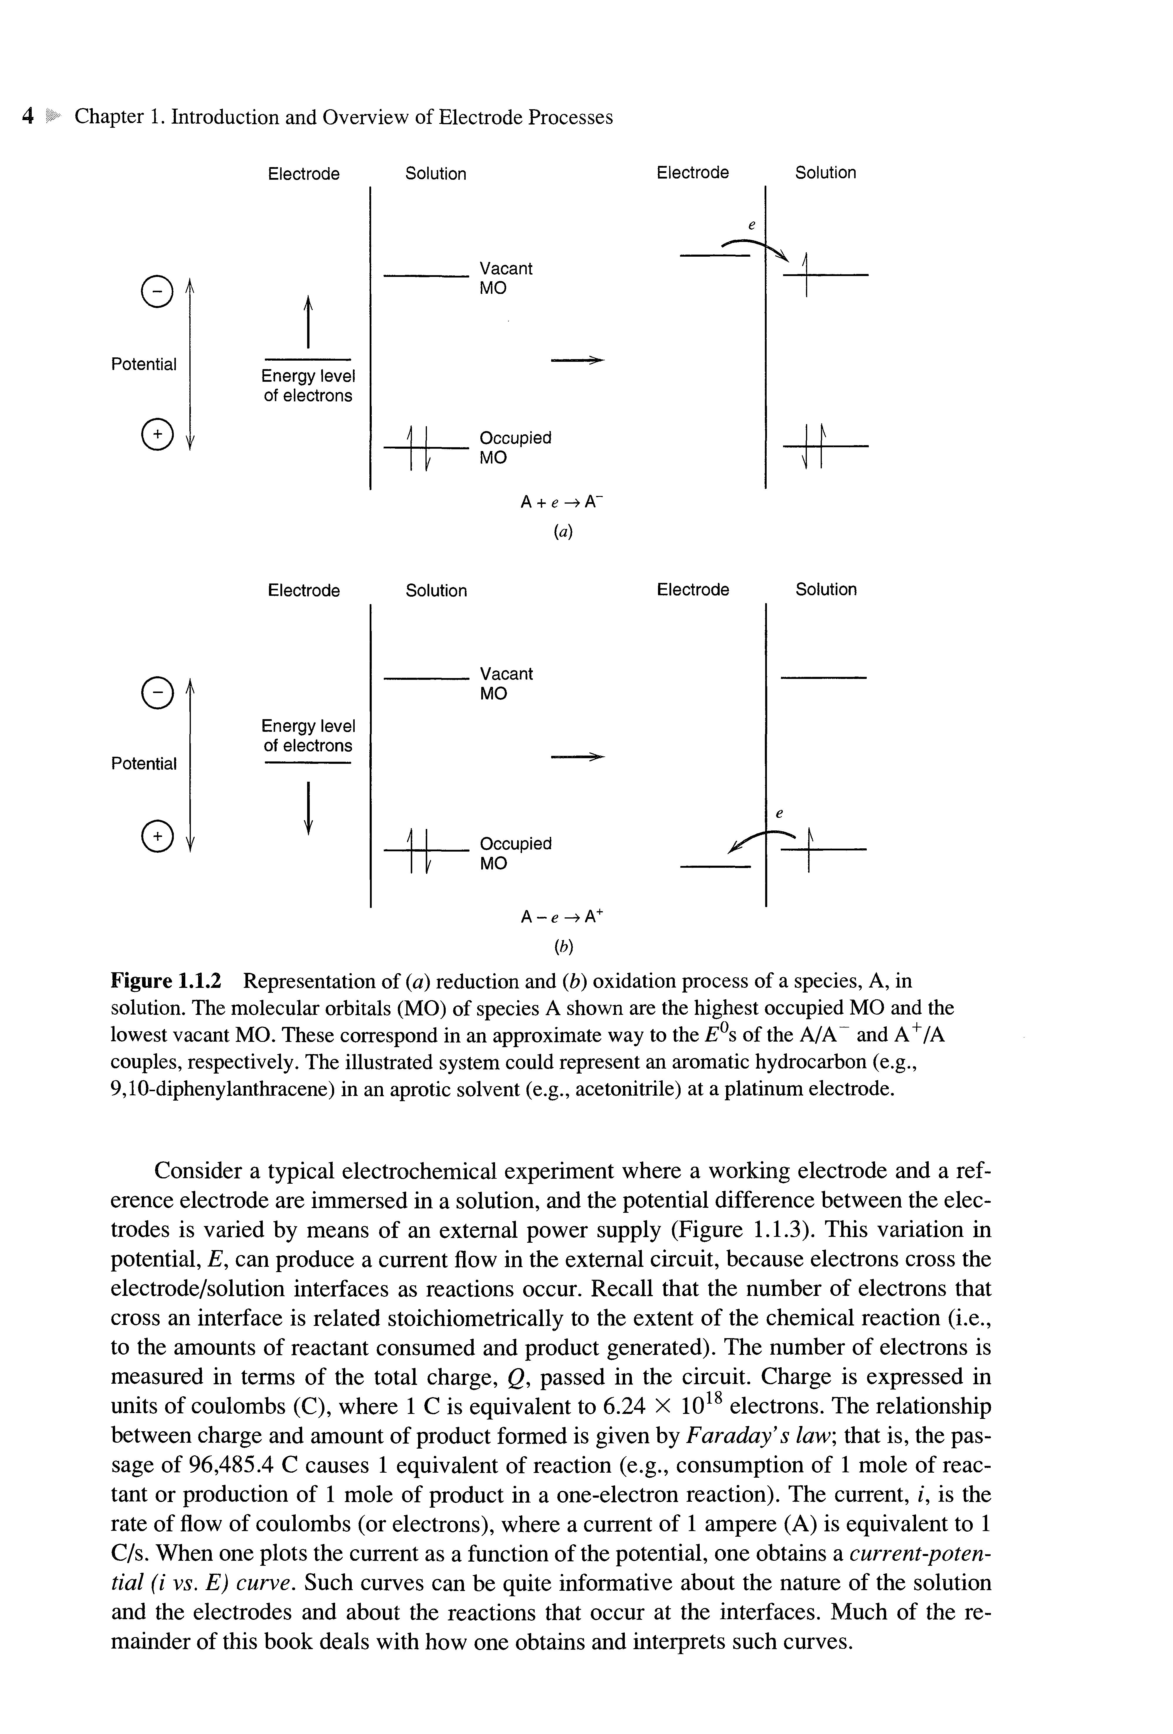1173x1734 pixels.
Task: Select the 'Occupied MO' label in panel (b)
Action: (515, 853)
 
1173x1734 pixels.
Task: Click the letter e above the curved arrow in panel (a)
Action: (752, 225)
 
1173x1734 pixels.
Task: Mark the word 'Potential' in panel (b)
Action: (143, 763)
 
